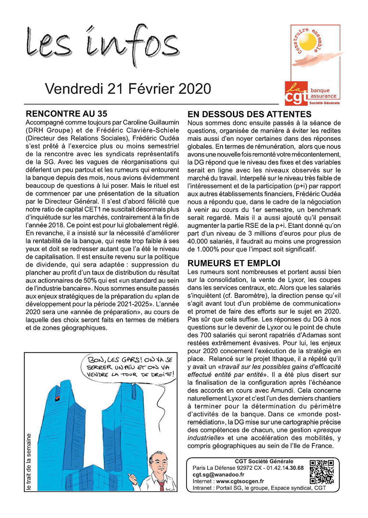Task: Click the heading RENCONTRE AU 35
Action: pos(67,114)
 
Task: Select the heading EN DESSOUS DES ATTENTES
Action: pos(250,114)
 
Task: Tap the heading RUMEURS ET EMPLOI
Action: pos(234,263)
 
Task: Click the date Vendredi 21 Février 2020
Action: pos(128,89)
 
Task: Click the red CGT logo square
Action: pos(296,93)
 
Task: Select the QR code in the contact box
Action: pos(322,472)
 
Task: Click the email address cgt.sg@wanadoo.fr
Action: pos(219,475)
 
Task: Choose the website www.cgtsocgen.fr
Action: pos(240,481)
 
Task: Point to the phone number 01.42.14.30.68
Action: pos(285,468)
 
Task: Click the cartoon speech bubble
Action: pos(128,367)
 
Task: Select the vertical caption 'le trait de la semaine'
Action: pos(29,462)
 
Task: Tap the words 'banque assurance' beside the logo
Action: pos(323,93)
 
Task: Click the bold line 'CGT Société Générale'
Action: pos(264,461)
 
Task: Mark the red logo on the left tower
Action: pos(58,399)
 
